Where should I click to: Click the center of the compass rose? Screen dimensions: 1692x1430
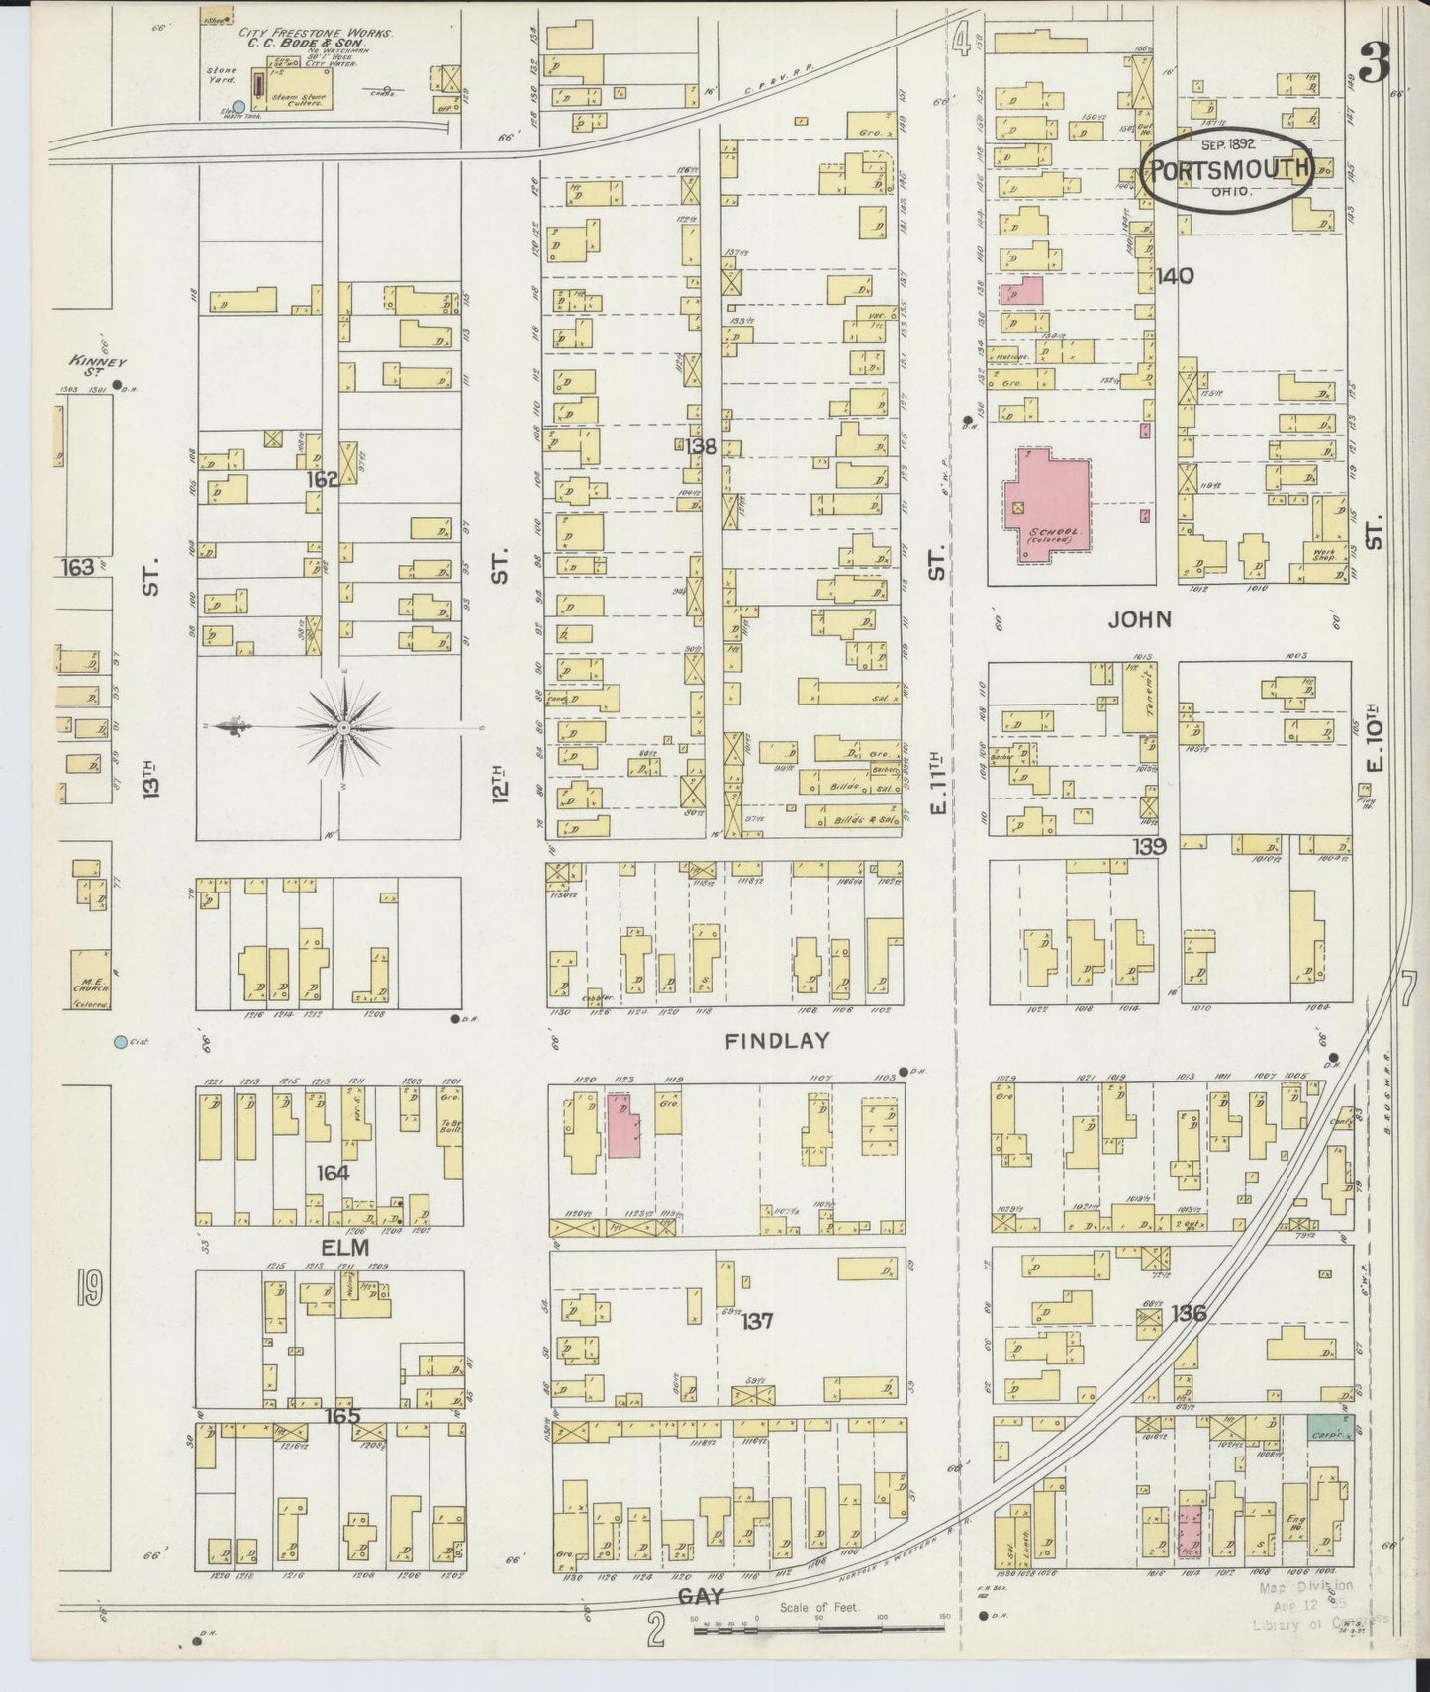point(342,728)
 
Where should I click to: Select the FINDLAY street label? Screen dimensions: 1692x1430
point(777,1041)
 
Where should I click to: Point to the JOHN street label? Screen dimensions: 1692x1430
point(1139,620)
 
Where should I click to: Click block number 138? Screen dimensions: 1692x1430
point(700,447)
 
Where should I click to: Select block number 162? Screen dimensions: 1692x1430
point(323,479)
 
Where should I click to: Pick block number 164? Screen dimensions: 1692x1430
point(334,1174)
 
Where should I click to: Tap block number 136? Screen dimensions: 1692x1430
point(1188,1314)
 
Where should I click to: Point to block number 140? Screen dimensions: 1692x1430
point(1175,276)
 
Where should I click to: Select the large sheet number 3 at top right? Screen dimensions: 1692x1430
point(1375,66)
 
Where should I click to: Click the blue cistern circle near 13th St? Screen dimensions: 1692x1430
point(120,1042)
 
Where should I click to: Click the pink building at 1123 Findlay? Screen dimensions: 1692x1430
point(622,1125)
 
